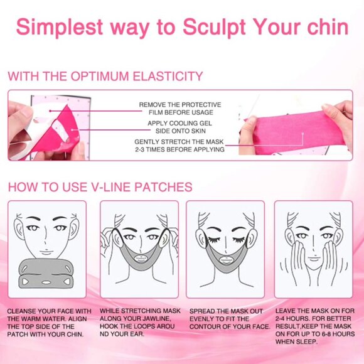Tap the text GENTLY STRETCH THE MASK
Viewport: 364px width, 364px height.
click(179, 142)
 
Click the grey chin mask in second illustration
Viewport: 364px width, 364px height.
click(139, 257)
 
